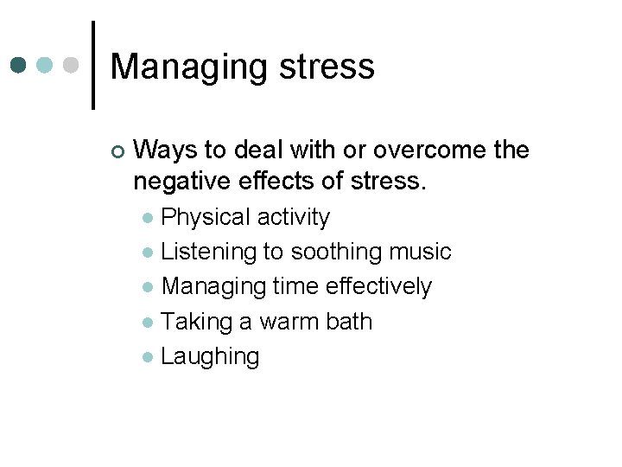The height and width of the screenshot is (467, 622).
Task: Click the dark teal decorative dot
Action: (x=20, y=65)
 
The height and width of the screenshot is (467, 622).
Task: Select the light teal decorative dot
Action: (x=45, y=65)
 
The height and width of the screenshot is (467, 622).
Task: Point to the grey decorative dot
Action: (x=71, y=65)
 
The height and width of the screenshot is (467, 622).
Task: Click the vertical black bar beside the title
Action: (x=93, y=65)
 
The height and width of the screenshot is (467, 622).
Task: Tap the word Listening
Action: (x=209, y=252)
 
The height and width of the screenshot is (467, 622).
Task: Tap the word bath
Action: (x=349, y=321)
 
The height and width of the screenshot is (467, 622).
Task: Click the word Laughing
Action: (x=210, y=356)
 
